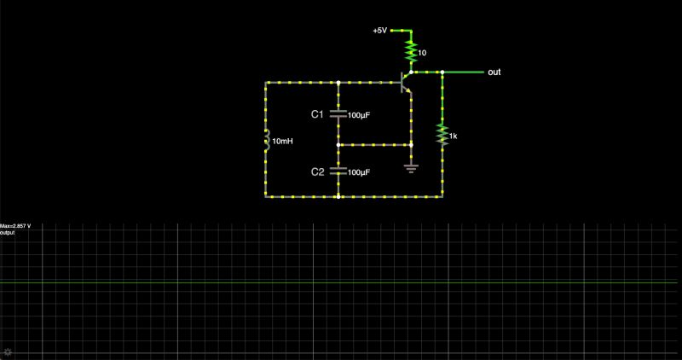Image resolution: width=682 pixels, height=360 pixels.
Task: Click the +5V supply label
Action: tap(379, 30)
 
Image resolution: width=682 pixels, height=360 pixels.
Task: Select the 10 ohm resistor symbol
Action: tap(410, 51)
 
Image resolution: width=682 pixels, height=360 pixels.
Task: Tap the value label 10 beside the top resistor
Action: tap(422, 53)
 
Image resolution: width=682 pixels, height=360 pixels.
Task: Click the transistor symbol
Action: tap(406, 82)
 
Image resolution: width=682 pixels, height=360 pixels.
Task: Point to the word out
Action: tap(494, 73)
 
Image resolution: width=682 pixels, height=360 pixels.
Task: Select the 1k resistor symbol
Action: tap(442, 135)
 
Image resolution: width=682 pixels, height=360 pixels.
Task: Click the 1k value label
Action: tap(454, 136)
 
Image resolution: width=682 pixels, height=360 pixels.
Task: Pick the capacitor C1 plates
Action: tap(338, 113)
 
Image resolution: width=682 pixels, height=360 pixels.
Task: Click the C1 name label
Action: tap(316, 113)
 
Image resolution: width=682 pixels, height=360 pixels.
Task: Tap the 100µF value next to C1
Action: tap(358, 114)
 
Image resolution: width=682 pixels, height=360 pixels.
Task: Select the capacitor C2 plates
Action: tap(338, 171)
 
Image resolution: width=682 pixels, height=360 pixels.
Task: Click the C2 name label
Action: tap(316, 171)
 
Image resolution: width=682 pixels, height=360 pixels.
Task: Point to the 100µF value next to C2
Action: tap(358, 172)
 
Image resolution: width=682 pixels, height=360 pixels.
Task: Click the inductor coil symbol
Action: tap(266, 141)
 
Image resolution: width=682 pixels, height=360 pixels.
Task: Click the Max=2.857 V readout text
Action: tap(16, 226)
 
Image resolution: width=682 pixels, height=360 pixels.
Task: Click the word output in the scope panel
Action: tap(8, 232)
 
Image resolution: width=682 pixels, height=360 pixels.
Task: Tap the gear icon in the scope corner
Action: tap(8, 351)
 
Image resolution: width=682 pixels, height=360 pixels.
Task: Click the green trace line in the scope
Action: tap(341, 282)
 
